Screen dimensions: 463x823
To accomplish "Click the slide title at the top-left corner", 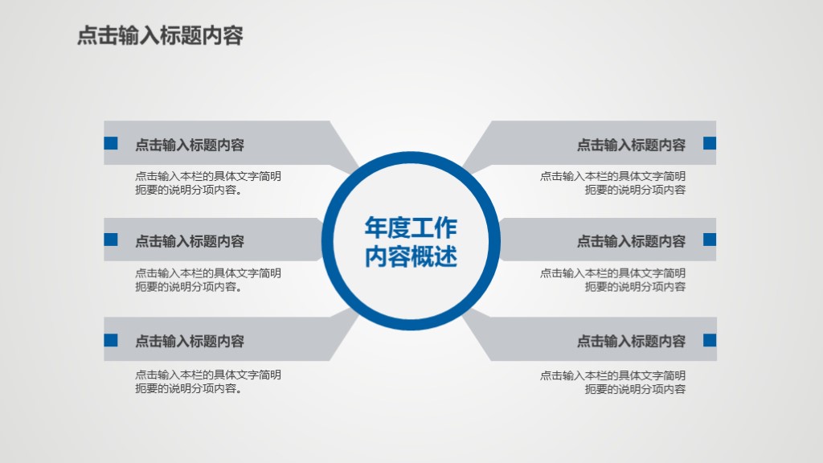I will (160, 36).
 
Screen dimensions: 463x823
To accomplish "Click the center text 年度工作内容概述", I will (411, 242).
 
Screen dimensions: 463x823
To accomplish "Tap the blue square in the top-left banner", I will (111, 144).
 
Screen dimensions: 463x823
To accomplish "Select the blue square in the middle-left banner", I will (111, 240).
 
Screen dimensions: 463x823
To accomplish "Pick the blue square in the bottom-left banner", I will (111, 340).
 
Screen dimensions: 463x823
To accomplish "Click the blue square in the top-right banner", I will (710, 144).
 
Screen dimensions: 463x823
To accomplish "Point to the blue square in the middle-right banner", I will (710, 240).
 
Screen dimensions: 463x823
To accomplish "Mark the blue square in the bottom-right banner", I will (710, 340).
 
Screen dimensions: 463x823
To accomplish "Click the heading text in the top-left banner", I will (190, 145).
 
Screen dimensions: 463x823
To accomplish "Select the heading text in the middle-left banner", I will (190, 241).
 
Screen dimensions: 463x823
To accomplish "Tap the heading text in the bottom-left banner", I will (190, 342).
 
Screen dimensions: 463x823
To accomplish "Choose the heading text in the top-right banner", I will (631, 145).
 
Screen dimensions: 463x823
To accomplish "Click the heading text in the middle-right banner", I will (631, 241).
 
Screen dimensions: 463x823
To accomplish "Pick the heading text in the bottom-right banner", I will (631, 342).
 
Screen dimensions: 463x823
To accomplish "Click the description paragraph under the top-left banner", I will (207, 183).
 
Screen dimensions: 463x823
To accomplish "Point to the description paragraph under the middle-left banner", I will (207, 280).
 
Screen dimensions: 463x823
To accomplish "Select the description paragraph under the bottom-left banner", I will (207, 382).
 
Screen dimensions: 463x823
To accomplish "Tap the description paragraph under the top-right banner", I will (612, 183).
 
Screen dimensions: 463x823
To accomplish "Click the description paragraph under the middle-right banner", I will (612, 280).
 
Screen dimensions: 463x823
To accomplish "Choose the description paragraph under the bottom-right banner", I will (612, 382).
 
